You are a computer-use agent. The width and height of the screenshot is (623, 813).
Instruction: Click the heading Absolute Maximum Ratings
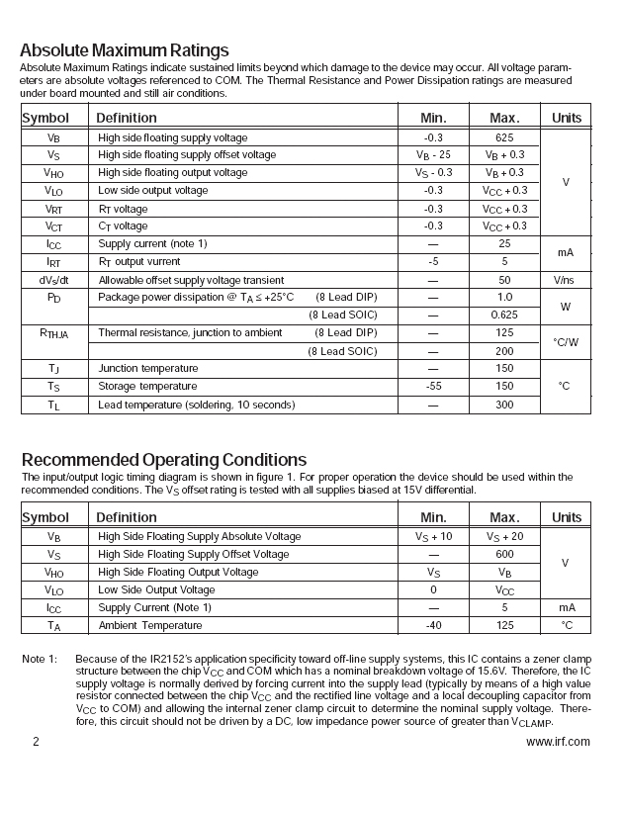click(124, 50)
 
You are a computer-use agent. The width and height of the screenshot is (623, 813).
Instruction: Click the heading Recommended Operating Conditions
click(163, 460)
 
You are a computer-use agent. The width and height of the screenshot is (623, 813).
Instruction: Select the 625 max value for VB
click(504, 137)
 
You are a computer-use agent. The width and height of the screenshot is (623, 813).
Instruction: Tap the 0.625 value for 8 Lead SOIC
click(504, 316)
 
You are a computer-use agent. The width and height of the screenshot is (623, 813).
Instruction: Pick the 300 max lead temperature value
click(504, 405)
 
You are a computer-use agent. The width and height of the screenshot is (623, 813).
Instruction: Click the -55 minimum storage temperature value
click(433, 386)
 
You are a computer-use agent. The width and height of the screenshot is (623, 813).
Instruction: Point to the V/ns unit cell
click(567, 280)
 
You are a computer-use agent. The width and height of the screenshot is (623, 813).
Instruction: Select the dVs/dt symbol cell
click(53, 280)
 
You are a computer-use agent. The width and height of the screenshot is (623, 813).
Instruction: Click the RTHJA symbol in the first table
click(53, 333)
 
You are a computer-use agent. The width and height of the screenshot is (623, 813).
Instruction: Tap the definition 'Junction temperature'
click(147, 368)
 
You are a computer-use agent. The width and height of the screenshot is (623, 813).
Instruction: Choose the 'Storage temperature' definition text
click(147, 386)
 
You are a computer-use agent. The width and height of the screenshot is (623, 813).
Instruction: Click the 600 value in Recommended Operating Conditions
click(504, 554)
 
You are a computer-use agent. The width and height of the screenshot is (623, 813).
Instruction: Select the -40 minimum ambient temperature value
click(433, 625)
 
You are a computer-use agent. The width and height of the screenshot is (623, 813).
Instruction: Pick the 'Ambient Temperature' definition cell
click(149, 625)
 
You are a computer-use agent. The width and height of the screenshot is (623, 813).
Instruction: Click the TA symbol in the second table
click(53, 625)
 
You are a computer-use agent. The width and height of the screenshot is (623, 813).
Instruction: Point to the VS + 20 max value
click(504, 536)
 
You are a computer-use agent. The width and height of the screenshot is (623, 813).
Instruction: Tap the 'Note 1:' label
click(40, 659)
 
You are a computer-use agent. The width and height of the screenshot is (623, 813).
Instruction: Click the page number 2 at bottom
click(35, 741)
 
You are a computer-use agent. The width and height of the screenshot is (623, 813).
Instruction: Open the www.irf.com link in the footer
click(558, 741)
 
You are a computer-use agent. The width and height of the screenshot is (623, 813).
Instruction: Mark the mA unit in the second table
click(567, 607)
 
